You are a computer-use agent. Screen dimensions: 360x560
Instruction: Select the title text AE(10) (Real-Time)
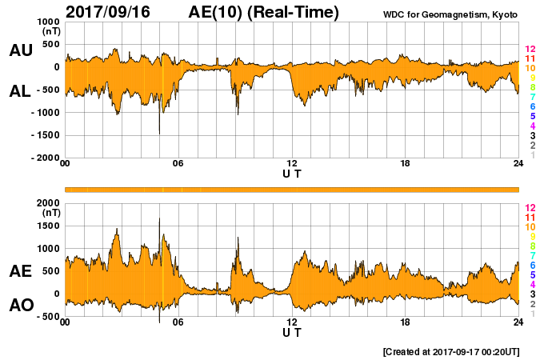click(x=264, y=12)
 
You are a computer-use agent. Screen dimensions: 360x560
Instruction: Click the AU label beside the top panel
click(x=21, y=50)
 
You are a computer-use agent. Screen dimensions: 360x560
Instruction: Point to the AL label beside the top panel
click(x=21, y=91)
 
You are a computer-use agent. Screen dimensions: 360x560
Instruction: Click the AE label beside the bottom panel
click(x=21, y=272)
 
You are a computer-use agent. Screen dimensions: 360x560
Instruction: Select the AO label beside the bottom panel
click(x=21, y=306)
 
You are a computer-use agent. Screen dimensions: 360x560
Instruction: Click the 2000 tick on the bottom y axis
click(x=49, y=203)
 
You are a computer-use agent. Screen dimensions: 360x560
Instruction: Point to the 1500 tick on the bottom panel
click(x=49, y=226)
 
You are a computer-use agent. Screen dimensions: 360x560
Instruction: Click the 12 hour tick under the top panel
click(x=292, y=164)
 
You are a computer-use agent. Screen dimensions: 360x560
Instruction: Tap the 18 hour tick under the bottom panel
click(x=406, y=323)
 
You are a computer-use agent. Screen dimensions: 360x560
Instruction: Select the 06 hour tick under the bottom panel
click(x=178, y=323)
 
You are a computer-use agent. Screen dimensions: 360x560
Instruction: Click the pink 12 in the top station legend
click(x=530, y=50)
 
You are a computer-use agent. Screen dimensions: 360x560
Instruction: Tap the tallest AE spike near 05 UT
click(x=159, y=219)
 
